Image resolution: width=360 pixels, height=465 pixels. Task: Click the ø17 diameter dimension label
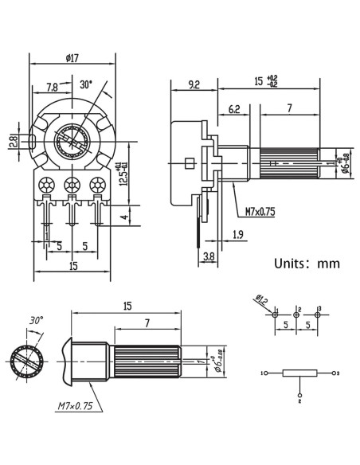pyautogui.click(x=74, y=58)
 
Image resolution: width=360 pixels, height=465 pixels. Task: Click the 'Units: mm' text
pyautogui.click(x=307, y=263)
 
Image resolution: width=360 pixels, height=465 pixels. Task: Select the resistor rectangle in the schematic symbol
pyautogui.click(x=300, y=373)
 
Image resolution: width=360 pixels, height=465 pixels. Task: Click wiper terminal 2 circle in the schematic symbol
pyautogui.click(x=300, y=393)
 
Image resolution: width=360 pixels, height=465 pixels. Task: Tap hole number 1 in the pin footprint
pyautogui.click(x=275, y=314)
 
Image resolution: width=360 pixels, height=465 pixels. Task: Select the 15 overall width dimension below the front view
pyautogui.click(x=73, y=267)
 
